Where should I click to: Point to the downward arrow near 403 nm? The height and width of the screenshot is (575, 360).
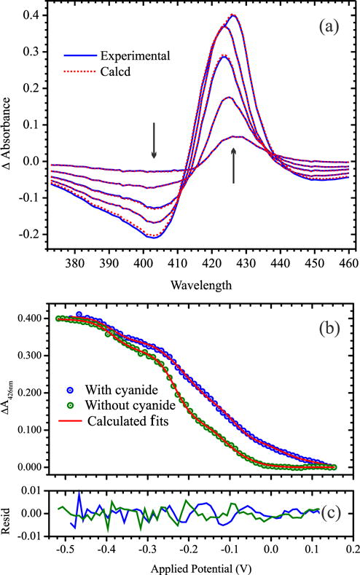(x=154, y=140)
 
